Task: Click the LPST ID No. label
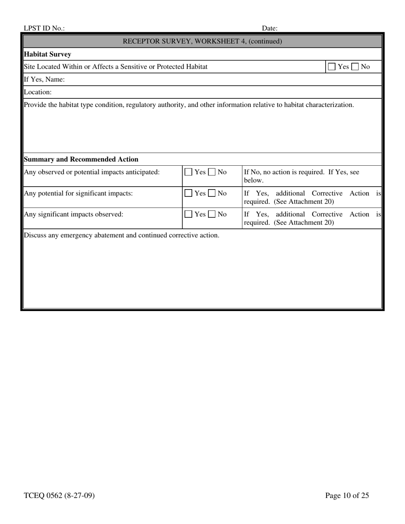[44, 29]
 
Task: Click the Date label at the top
[269, 29]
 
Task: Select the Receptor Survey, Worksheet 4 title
[202, 41]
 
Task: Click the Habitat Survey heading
[47, 54]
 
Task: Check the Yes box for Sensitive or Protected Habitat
[332, 67]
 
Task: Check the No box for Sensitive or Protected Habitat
[355, 67]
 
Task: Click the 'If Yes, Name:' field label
[44, 79]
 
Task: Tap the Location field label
[38, 92]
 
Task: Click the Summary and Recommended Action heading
[81, 159]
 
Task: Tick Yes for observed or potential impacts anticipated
[188, 172]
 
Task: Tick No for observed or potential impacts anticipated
[212, 172]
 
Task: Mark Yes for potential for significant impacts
[188, 193]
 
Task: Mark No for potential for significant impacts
[212, 193]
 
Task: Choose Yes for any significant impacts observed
[188, 214]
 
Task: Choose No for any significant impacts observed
[212, 214]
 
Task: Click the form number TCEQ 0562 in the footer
[59, 495]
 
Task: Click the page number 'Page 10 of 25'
[347, 495]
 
